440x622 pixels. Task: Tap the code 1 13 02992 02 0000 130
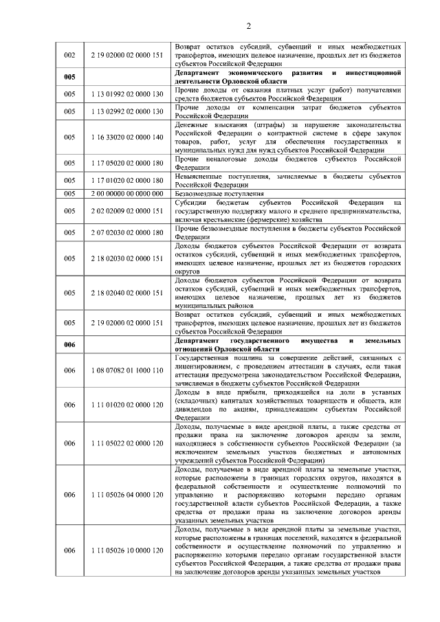click(126, 111)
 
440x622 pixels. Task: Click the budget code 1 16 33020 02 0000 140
click(126, 137)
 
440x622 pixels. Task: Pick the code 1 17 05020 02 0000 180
click(126, 163)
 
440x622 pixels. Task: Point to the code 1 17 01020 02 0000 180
click(126, 180)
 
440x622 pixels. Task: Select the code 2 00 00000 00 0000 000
click(126, 194)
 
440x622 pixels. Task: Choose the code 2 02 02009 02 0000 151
click(126, 211)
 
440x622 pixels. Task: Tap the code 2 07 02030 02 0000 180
click(126, 232)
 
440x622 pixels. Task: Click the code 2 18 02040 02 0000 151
click(126, 293)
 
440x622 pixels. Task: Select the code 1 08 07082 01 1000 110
click(126, 370)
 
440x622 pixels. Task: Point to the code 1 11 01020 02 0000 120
click(126, 405)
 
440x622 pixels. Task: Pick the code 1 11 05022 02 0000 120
click(126, 443)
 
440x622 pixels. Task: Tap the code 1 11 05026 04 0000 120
click(126, 495)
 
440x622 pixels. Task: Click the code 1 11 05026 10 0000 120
click(126, 551)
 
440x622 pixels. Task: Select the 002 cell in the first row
click(69, 54)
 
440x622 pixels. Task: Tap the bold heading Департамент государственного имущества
click(287, 344)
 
